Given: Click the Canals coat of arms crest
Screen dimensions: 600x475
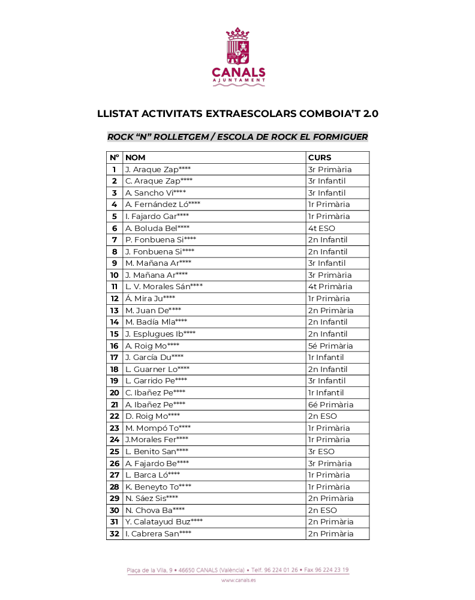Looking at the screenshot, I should pyautogui.click(x=237, y=46).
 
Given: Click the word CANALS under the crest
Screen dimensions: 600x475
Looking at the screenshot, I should pyautogui.click(x=237, y=72).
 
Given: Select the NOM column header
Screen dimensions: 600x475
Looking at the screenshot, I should pyautogui.click(x=136, y=157).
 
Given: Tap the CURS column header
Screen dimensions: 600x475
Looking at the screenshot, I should pyautogui.click(x=319, y=157).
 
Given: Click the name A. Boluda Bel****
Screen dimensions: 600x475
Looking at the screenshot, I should pyautogui.click(x=157, y=228).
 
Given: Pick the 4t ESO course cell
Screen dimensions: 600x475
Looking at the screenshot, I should pyautogui.click(x=321, y=228).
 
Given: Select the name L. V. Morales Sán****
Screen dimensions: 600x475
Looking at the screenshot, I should pyautogui.click(x=164, y=287).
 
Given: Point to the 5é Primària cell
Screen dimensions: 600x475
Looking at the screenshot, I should pyautogui.click(x=330, y=346).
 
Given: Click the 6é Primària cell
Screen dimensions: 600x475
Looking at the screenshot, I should pyautogui.click(x=330, y=404).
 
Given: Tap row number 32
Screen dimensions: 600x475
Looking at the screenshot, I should pyautogui.click(x=114, y=533).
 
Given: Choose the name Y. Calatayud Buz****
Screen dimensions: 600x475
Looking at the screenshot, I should pyautogui.click(x=164, y=522).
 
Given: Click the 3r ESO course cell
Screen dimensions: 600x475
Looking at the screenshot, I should pyautogui.click(x=321, y=451).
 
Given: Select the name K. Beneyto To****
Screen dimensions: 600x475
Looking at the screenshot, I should pyautogui.click(x=158, y=487).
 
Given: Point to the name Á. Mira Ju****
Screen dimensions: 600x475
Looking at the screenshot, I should pyautogui.click(x=150, y=298).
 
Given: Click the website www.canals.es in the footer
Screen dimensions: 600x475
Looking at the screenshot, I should pyautogui.click(x=237, y=580).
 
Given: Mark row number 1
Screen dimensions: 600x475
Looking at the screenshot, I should pyautogui.click(x=114, y=169).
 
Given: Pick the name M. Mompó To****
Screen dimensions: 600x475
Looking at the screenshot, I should pyautogui.click(x=158, y=428).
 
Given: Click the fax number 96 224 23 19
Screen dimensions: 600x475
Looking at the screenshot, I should pyautogui.click(x=332, y=570).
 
